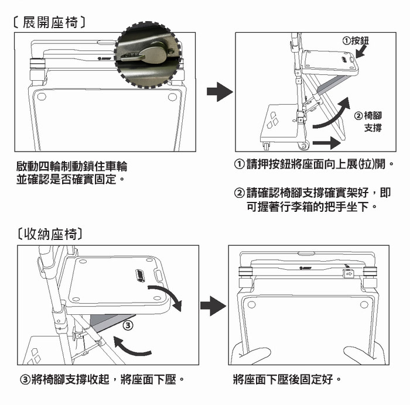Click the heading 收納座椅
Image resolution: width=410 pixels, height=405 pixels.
[50, 235]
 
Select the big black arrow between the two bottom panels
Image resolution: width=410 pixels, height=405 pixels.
[213, 306]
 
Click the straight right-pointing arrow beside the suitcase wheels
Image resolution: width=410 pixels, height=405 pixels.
[326, 142]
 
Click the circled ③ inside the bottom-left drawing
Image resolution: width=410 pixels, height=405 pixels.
[129, 323]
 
